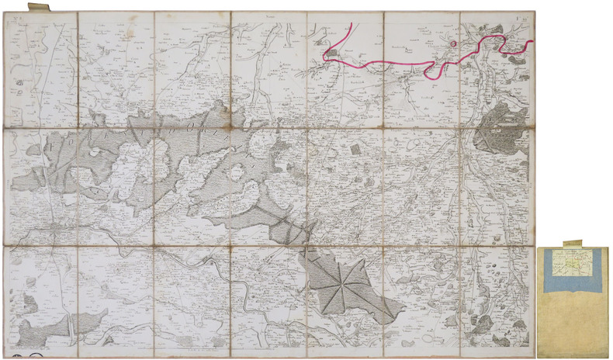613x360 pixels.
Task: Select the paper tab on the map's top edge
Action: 38,8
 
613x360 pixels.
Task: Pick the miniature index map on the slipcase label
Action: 574,265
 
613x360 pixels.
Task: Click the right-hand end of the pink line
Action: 532,41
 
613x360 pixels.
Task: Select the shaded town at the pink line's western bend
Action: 330,54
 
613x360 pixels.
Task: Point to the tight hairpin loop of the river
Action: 245,295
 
